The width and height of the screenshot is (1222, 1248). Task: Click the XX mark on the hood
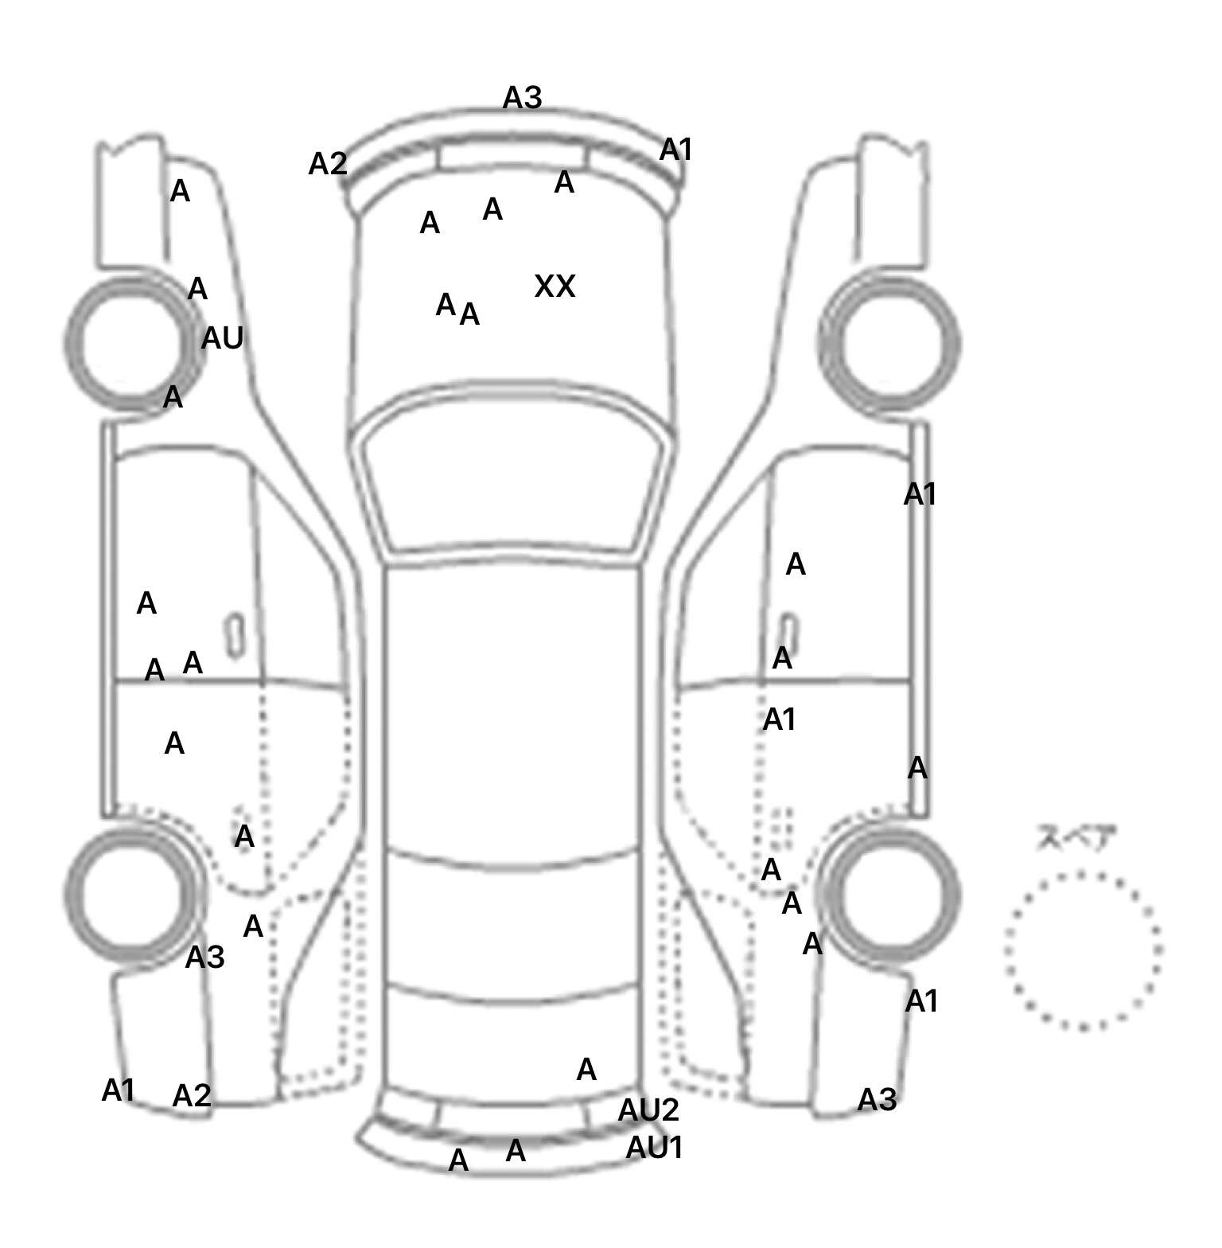coord(555,287)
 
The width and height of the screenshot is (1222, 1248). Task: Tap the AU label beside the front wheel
coord(222,339)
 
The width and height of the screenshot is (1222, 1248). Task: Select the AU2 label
coord(648,1110)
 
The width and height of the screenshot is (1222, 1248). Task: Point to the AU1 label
coord(654,1148)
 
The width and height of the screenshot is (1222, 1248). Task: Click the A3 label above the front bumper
coord(522,98)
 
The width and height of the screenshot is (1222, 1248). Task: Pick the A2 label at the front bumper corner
coord(328,164)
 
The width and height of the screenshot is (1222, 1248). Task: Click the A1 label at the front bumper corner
coord(676,150)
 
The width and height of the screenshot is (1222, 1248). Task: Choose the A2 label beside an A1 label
coord(192,1096)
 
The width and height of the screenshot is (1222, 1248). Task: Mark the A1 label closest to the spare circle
coord(921,1001)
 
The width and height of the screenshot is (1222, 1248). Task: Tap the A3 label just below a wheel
coord(204,957)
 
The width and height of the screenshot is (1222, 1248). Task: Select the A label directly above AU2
coord(586,1070)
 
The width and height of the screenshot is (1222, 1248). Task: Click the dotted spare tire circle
coord(1083,950)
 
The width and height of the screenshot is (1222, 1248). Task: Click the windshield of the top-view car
coord(513,478)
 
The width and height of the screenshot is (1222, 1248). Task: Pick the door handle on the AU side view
coord(235,635)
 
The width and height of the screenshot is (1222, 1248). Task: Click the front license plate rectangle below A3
coord(512,157)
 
